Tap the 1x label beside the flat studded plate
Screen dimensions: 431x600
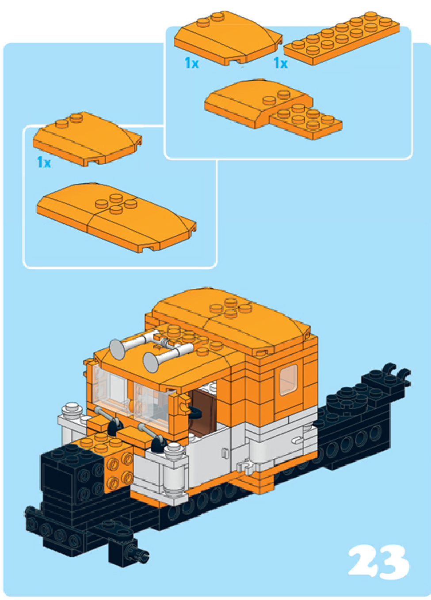click(281, 63)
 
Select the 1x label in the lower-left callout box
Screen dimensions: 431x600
click(44, 162)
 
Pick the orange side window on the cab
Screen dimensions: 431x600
click(289, 380)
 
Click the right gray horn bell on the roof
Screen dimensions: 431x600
click(151, 362)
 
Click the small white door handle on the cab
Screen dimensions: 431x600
click(225, 453)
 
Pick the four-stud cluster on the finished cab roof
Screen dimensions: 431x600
click(231, 307)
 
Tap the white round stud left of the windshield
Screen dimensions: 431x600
click(72, 408)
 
